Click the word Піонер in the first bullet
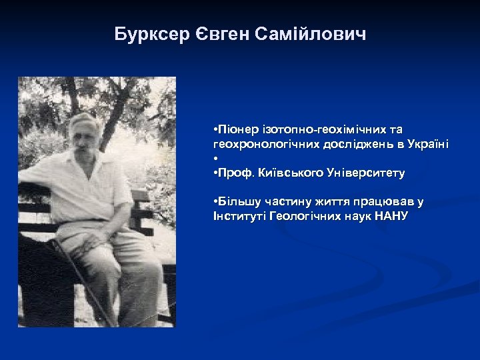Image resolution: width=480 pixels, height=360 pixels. tap(231, 128)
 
